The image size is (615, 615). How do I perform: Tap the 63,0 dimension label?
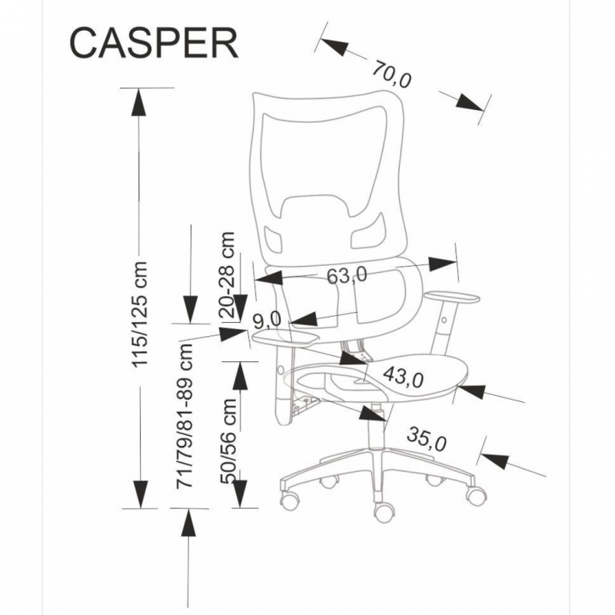tap(347, 274)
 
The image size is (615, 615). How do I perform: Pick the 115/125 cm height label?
tap(139, 311)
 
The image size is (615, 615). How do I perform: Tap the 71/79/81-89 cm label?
tap(184, 416)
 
